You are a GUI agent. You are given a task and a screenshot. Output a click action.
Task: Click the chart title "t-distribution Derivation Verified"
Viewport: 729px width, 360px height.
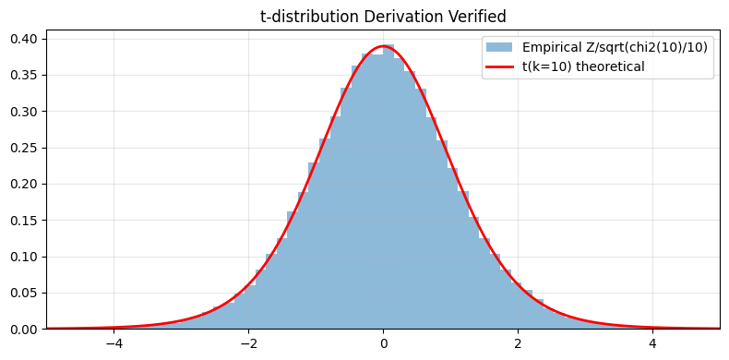[x=383, y=16]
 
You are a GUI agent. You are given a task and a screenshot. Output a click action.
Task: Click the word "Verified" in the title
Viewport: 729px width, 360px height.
[x=474, y=16]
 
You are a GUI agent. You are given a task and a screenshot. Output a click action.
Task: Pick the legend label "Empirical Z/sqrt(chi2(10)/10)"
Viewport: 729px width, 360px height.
[x=615, y=47]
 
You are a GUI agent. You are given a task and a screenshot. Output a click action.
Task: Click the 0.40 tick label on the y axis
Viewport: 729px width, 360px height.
[x=23, y=39]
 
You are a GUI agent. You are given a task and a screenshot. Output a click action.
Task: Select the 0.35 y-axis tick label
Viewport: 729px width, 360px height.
[x=23, y=76]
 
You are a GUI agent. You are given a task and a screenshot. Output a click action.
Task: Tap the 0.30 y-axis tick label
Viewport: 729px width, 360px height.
[x=23, y=112]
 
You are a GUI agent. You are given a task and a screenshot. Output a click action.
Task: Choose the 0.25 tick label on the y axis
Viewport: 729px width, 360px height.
[x=23, y=148]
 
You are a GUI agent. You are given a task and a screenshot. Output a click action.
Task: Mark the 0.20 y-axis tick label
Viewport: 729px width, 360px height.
[x=23, y=184]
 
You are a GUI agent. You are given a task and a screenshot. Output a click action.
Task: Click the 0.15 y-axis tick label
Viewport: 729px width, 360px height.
[x=23, y=221]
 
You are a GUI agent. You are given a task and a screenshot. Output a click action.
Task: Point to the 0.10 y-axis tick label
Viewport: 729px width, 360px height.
[x=23, y=257]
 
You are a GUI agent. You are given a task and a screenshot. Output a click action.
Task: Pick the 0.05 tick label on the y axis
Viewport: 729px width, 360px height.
[x=23, y=293]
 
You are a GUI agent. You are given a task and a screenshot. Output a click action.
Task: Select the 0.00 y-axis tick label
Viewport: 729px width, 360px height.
[x=23, y=330]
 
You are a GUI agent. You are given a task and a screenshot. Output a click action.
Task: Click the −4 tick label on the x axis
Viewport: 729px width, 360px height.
[x=114, y=343]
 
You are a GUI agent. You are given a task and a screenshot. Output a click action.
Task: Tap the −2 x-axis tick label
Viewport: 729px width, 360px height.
[x=248, y=343]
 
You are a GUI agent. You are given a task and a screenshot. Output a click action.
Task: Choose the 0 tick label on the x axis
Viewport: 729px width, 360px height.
[x=383, y=343]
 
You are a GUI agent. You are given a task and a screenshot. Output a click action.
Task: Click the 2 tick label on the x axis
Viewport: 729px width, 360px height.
[x=518, y=343]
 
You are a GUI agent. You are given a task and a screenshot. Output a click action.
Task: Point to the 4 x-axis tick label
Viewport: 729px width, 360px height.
[x=652, y=343]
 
